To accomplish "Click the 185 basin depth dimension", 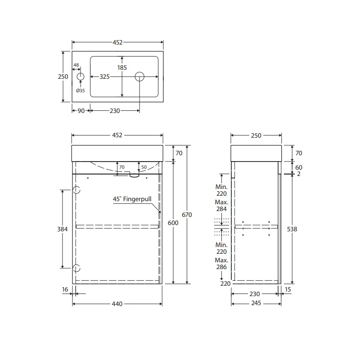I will [122, 67].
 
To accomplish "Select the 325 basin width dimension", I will [105, 77].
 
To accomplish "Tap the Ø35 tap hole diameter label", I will [81, 90].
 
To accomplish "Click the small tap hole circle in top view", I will [81, 77].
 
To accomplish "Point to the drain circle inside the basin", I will [139, 77].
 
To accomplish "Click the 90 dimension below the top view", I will [81, 111].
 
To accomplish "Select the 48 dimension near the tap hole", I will [76, 65].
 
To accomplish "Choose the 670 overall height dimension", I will [187, 215].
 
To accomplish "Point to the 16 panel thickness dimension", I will [65, 289].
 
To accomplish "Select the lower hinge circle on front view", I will [76, 268].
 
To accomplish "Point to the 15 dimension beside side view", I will [288, 289].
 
